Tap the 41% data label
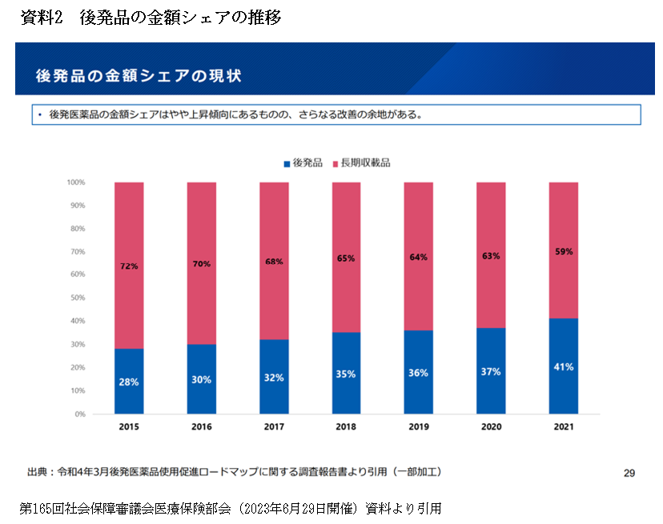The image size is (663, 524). pos(563,368)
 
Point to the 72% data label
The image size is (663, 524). pos(129,266)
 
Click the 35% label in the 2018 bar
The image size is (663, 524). pos(346,374)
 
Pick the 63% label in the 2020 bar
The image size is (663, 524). pos(491,256)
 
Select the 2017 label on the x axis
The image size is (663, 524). pos(274,427)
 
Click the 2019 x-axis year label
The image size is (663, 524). pos(419,427)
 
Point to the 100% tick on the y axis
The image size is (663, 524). pos(76,182)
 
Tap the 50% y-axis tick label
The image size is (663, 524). pos(78,298)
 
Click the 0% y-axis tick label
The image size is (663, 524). pos(80,414)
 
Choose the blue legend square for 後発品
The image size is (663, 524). pos(286,163)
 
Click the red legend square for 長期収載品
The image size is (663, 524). pos(334,163)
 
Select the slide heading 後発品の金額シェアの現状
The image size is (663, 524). pos(139,76)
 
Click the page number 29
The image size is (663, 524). pos(629,473)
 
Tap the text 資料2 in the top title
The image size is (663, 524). pos(42,18)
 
